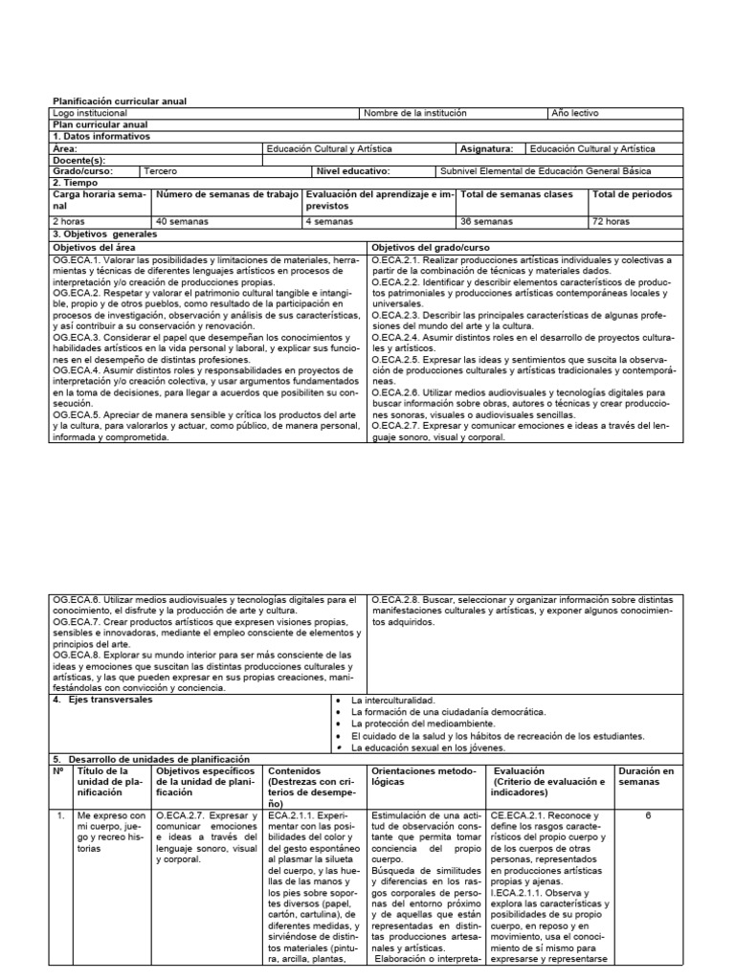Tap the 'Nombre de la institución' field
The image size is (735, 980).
tap(415, 113)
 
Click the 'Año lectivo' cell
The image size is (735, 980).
tap(575, 113)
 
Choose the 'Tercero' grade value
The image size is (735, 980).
tap(160, 171)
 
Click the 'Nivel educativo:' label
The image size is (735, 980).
tap(353, 171)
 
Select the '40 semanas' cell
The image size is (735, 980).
tap(181, 221)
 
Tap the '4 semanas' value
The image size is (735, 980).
tap(328, 221)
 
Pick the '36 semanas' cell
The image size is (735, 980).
tap(484, 221)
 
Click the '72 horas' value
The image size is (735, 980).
tap(612, 221)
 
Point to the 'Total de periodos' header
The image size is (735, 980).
tap(632, 194)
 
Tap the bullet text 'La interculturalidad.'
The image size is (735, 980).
tap(394, 701)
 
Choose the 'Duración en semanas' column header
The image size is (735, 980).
tap(646, 775)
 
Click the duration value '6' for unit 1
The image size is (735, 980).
tap(647, 815)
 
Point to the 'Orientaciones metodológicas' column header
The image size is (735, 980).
tap(422, 775)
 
